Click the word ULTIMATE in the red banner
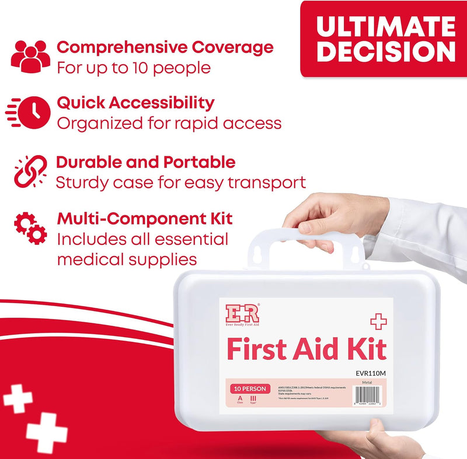pyautogui.click(x=387, y=27)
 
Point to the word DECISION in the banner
pyautogui.click(x=387, y=52)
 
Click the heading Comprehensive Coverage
pyautogui.click(x=165, y=46)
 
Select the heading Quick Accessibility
pyautogui.click(x=135, y=103)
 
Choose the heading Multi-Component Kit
pyautogui.click(x=145, y=219)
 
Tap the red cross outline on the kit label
pyautogui.click(x=378, y=321)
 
